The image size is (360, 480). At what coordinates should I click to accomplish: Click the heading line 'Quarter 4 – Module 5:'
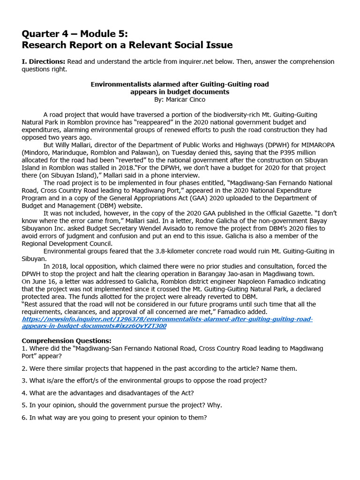(x=75, y=34)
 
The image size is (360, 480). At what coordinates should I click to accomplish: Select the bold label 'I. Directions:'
(x=43, y=61)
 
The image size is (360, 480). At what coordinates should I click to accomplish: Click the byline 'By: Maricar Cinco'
(x=180, y=99)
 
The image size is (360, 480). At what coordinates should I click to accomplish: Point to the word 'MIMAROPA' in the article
(x=315, y=145)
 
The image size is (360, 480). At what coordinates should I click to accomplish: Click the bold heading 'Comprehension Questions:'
(x=67, y=341)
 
